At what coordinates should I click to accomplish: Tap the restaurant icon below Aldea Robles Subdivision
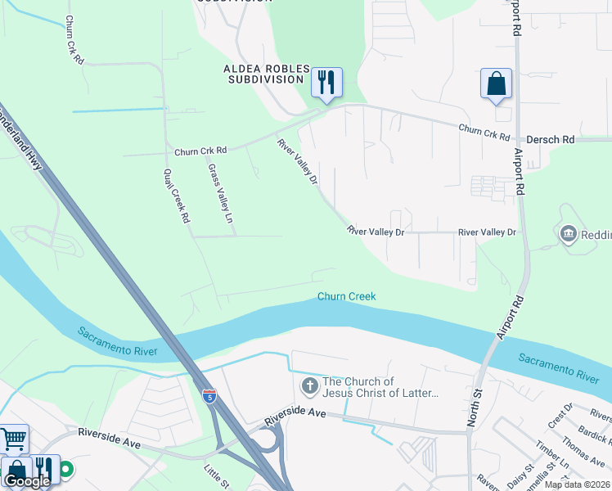[326, 82]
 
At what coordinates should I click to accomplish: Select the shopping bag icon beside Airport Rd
[496, 83]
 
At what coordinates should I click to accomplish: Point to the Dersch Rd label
[550, 140]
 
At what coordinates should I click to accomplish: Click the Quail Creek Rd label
[177, 196]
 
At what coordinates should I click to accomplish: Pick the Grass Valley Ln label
[220, 195]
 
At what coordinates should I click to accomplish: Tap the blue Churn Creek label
[347, 296]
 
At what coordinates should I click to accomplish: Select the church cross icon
[309, 385]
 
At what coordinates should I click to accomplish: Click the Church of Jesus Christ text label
[381, 387]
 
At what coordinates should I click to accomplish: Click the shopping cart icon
[14, 440]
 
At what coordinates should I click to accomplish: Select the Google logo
[26, 481]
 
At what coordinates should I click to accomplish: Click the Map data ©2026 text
[578, 484]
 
